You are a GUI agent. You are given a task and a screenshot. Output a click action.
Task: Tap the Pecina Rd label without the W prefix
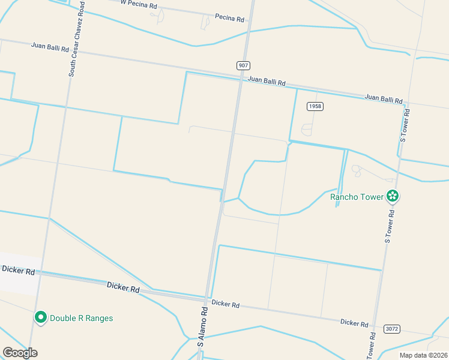[229, 19]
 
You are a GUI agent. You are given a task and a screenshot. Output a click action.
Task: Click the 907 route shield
[243, 65]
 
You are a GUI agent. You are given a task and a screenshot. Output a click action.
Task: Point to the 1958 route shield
[315, 106]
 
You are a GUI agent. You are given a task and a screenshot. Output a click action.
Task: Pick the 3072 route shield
[391, 329]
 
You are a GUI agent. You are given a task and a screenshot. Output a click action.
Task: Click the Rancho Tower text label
[357, 197]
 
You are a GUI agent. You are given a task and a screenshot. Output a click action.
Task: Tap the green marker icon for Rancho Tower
[393, 196]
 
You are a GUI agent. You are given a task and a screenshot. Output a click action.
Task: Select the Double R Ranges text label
[81, 318]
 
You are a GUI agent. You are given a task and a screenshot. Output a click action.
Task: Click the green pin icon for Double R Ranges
[41, 317]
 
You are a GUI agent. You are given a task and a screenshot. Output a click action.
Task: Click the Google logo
[20, 352]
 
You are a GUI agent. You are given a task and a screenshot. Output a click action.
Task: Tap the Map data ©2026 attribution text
[423, 355]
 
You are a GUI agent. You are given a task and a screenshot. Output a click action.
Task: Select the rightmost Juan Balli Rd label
[383, 98]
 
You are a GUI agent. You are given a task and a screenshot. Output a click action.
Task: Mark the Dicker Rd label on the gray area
[17, 271]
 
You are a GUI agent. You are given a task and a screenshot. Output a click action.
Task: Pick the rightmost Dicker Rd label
[354, 323]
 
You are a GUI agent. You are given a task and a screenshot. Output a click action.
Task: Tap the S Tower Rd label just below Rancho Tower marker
[390, 226]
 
